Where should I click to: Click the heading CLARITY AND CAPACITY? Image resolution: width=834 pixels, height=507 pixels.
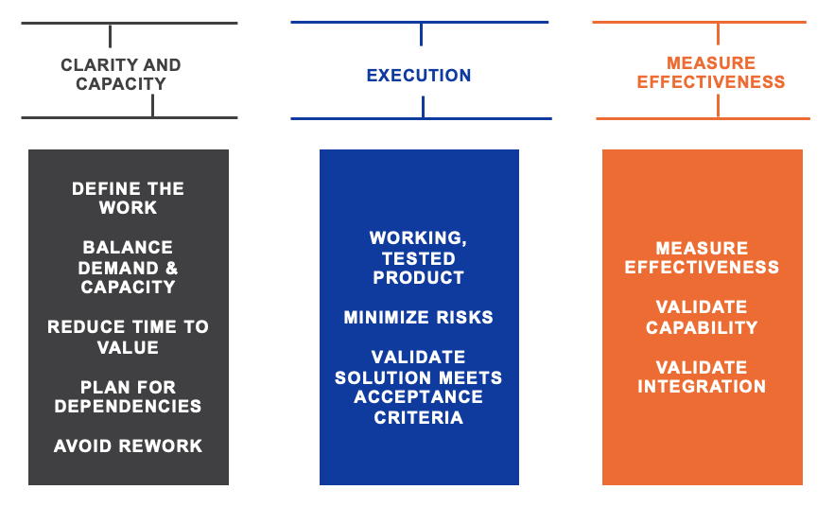coord(121,74)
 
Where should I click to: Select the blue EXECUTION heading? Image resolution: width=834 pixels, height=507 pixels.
coord(419,76)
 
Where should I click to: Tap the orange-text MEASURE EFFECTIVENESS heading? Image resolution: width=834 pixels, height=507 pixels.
coord(711,72)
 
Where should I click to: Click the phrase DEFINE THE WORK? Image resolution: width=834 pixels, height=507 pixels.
coord(129,198)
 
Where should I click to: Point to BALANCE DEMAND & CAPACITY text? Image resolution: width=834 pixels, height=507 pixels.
coord(128,267)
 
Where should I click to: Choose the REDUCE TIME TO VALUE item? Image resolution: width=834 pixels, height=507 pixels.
coord(129,337)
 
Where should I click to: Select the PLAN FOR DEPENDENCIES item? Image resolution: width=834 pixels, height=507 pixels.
coord(129,396)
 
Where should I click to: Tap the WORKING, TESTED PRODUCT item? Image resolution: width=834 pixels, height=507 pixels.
coord(419,257)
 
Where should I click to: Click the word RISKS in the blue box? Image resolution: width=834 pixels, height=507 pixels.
coord(465,317)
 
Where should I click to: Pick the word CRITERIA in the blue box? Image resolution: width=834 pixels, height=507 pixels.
coord(419,418)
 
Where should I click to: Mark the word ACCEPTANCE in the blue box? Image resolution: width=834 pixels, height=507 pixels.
coord(419,397)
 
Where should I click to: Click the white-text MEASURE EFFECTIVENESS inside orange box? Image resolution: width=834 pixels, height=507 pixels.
coord(702,257)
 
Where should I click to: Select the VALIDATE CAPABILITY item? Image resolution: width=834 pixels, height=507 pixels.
coord(702,317)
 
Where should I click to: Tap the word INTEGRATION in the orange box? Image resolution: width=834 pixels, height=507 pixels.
coord(702,386)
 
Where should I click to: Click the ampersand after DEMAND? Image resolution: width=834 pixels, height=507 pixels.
coord(171,268)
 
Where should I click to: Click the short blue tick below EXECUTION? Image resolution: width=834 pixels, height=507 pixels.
coord(423,107)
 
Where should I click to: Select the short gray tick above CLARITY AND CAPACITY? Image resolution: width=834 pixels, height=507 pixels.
coord(110,36)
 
